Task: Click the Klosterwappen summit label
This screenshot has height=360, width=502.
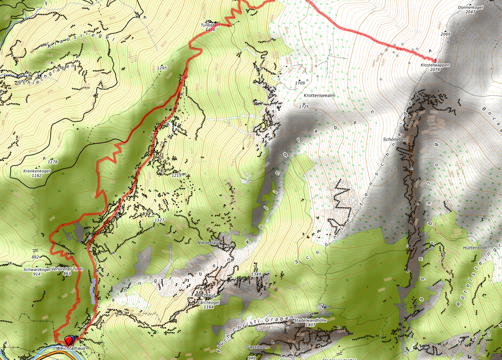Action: [435, 65]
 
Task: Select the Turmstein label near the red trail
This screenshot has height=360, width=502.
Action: [210, 25]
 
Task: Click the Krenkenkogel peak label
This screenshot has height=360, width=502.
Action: [37, 171]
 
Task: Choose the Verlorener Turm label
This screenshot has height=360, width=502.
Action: [67, 269]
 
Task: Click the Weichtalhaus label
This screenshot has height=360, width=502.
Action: [71, 348]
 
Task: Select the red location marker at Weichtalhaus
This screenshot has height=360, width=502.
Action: [68, 340]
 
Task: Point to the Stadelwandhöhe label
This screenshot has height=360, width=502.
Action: [311, 320]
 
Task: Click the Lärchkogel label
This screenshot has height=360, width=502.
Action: [209, 302]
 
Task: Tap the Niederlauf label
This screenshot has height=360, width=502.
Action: [209, 243]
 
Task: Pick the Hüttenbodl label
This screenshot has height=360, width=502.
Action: [475, 248]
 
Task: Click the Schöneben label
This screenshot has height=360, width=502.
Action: [395, 139]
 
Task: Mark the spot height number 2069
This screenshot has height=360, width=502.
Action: [445, 34]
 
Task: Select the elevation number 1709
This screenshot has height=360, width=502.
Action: [300, 83]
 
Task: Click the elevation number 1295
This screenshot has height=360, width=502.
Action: [162, 68]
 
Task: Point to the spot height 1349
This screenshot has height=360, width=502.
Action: [256, 274]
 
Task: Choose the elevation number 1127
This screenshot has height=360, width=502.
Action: [160, 220]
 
